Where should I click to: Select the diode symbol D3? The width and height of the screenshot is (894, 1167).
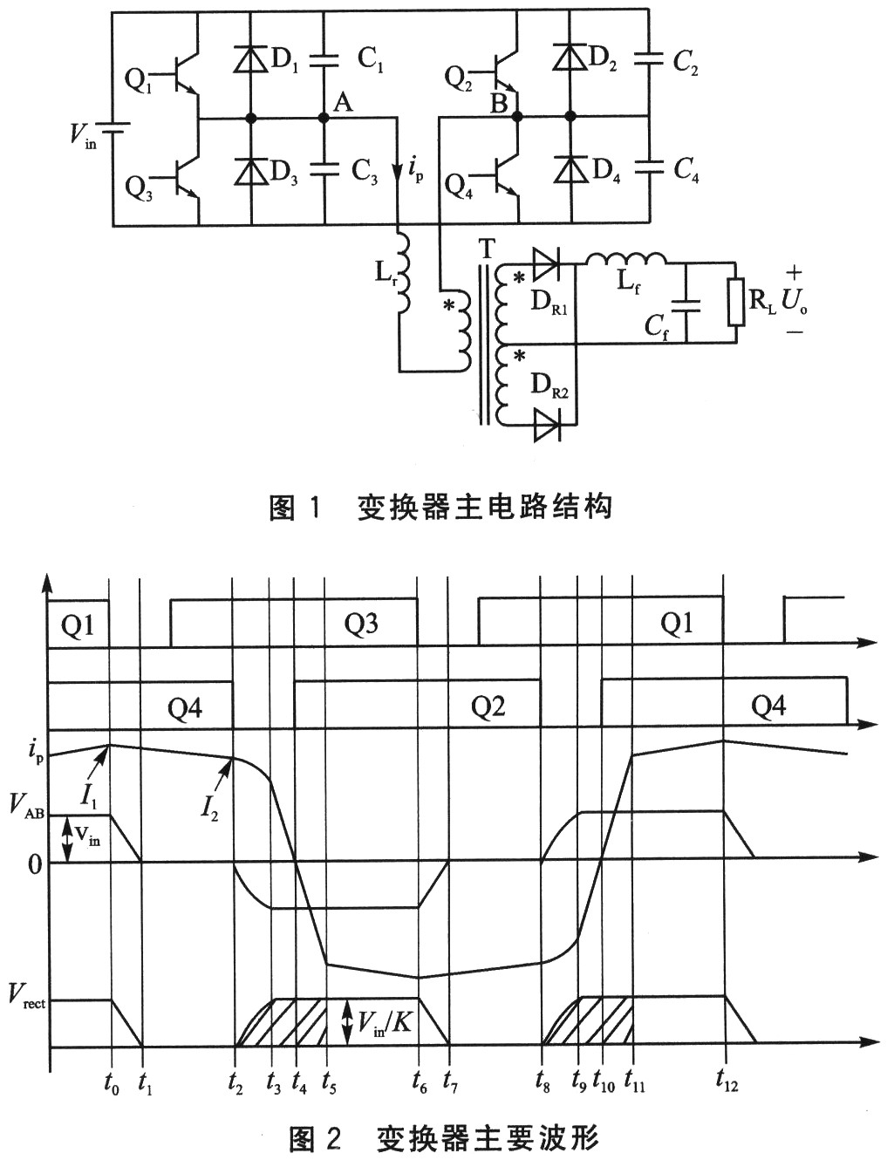(251, 169)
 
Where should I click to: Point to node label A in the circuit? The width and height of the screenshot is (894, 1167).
(343, 103)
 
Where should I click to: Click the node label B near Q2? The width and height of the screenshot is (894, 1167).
(498, 104)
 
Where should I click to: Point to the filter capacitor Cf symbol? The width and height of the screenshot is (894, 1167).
(686, 302)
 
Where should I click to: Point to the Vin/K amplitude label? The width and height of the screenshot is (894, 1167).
(386, 1020)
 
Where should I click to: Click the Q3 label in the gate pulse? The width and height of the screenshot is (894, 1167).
(361, 624)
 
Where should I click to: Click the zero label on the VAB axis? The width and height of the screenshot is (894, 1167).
(34, 864)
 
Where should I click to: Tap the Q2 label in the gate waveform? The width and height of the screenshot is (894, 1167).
(488, 706)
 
